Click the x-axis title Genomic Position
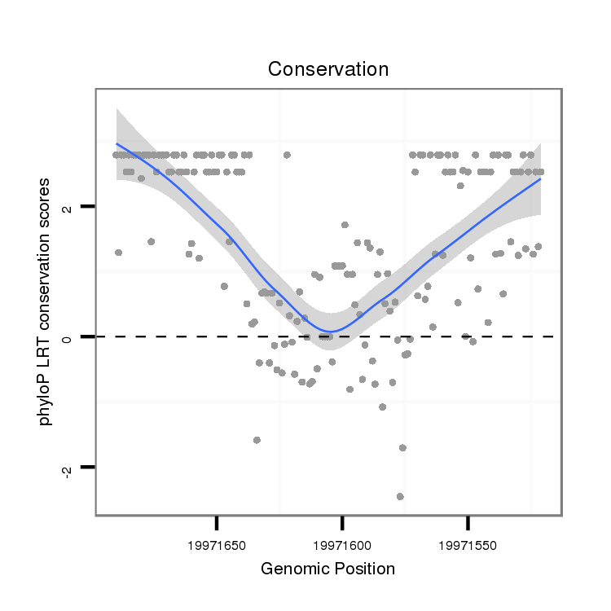(327, 569)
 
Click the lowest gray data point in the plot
(400, 496)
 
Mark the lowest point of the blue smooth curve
(328, 332)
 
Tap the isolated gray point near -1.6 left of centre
(257, 440)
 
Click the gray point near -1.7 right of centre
(402, 448)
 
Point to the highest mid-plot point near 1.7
(345, 224)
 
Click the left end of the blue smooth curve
(116, 143)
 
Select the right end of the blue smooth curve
(541, 178)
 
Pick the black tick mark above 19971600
(343, 521)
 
